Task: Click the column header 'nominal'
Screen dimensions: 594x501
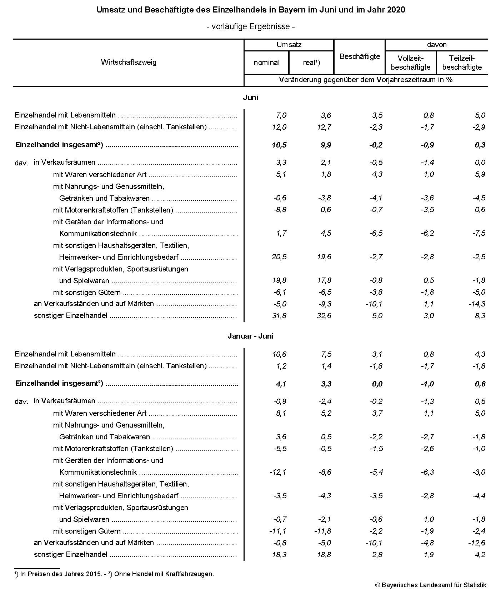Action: tap(266, 63)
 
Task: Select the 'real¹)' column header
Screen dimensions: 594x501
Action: tap(311, 63)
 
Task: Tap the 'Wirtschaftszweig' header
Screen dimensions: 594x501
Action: tap(129, 62)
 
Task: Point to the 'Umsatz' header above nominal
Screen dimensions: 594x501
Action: tap(289, 45)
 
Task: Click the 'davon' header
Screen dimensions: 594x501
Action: tap(436, 45)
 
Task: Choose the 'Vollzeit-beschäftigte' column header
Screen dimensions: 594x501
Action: tap(411, 63)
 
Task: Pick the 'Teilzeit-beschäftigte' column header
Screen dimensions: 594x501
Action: tap(462, 63)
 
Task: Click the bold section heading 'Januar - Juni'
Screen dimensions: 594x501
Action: tap(250, 336)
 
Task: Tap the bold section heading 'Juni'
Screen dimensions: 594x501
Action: tap(250, 98)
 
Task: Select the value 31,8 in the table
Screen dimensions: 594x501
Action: tap(279, 316)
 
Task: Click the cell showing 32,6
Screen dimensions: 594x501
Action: tap(324, 316)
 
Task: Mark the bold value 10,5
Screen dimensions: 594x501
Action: tap(279, 145)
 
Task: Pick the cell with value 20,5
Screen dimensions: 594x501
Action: tap(279, 257)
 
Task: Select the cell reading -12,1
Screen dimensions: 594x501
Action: tap(277, 472)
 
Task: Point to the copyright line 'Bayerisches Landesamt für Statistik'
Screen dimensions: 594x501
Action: tap(434, 585)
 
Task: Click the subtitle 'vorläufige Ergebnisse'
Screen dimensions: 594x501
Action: tap(250, 26)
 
